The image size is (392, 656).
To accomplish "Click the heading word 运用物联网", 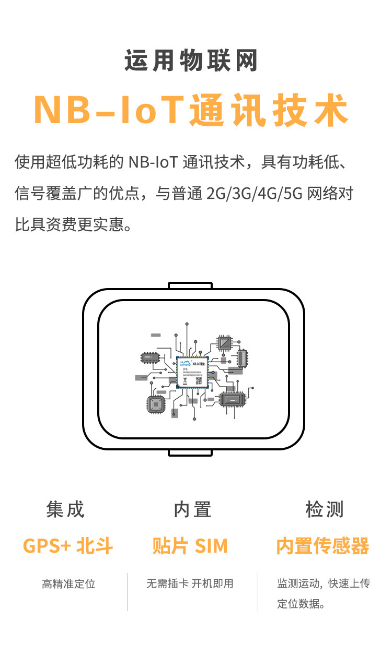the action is pos(191,62).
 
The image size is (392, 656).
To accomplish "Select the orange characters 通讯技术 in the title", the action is pos(269,110).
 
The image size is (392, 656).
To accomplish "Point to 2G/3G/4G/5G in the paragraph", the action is pos(253,194).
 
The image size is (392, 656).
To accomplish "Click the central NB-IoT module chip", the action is pos(192,373).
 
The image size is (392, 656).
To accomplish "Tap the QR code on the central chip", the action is pos(199,381).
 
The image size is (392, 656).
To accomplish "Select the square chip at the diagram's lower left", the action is pos(156,404).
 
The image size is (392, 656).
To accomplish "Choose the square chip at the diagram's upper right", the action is pos(225,343).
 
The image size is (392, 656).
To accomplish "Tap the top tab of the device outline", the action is pos(190,285).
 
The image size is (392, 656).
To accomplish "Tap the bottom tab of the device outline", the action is pos(190,452).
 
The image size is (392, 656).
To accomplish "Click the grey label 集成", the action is pos(65,509).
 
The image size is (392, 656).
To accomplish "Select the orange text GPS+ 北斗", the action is pos(68,546).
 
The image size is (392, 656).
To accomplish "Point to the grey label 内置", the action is pos(192,509).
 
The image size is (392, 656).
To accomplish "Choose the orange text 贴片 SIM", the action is pos(190,546).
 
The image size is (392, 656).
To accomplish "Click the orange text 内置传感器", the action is pos(322,546).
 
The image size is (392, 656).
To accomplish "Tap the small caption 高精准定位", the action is pos(68,584).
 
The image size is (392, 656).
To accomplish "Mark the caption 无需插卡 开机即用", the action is pos(190,584).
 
